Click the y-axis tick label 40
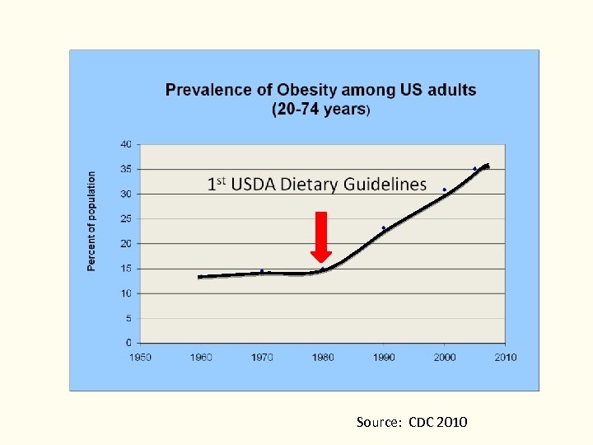(126, 144)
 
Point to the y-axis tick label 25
(126, 218)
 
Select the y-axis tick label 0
(128, 343)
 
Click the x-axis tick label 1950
(140, 357)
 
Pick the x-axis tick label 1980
(323, 357)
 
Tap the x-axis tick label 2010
(505, 357)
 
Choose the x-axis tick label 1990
(384, 357)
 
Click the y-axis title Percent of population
(92, 221)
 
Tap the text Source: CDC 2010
(412, 422)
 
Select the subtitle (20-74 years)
(321, 109)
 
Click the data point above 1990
(384, 227)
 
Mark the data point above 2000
(445, 190)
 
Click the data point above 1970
(262, 270)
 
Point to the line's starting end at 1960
(200, 277)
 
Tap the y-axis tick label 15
(126, 269)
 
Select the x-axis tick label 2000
(445, 357)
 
